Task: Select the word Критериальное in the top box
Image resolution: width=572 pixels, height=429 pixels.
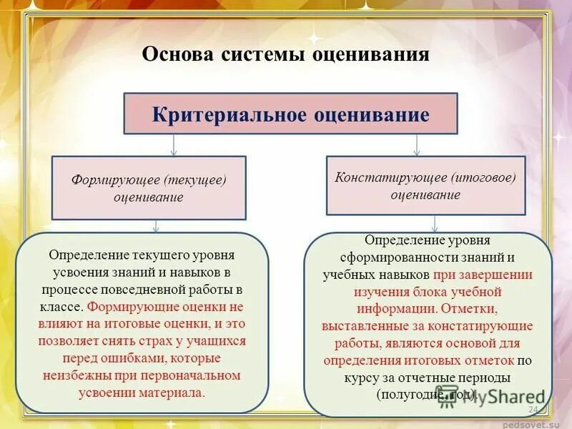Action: click(x=229, y=114)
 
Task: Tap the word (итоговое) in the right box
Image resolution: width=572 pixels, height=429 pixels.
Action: click(x=483, y=177)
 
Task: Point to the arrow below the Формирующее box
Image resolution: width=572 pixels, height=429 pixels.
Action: click(x=157, y=226)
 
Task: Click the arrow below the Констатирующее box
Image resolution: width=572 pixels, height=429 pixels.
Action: click(x=433, y=224)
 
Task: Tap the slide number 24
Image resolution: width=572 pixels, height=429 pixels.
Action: click(x=533, y=409)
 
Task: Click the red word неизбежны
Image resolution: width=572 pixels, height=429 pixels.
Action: click(x=74, y=375)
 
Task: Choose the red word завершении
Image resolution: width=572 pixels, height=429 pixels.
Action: click(x=502, y=275)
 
